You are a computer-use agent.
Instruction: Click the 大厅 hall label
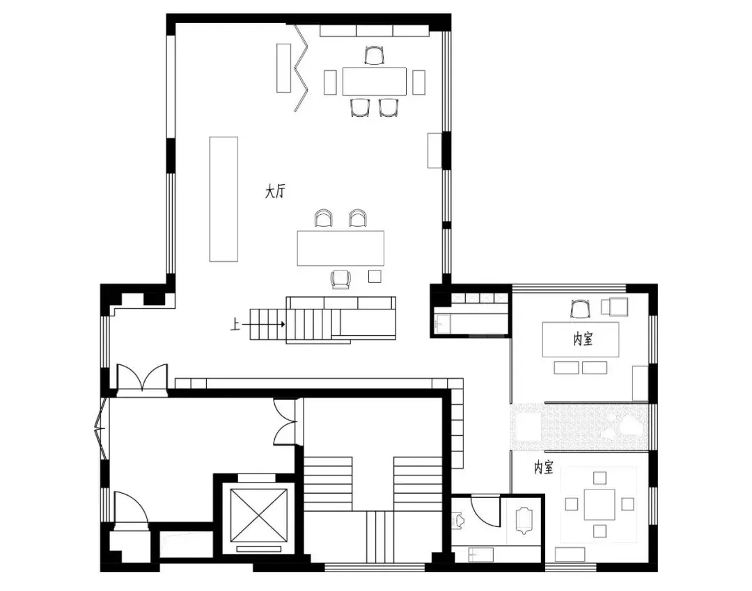pyautogui.click(x=275, y=192)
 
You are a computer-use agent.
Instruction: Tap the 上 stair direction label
pyautogui.click(x=235, y=325)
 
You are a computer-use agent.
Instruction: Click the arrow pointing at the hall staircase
pyautogui.click(x=263, y=324)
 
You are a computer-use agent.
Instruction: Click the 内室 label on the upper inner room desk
pyautogui.click(x=583, y=339)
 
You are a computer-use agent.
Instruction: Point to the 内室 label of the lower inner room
pyautogui.click(x=543, y=467)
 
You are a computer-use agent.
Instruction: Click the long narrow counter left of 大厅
pyautogui.click(x=224, y=200)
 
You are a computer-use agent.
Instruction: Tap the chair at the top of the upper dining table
pyautogui.click(x=374, y=55)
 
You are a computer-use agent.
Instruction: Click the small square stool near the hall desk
pyautogui.click(x=375, y=276)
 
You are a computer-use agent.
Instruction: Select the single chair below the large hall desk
pyautogui.click(x=340, y=280)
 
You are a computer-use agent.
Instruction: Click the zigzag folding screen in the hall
pyautogui.click(x=301, y=67)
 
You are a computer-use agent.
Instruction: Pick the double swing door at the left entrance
pyautogui.click(x=143, y=379)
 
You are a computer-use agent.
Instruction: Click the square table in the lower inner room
pyautogui.click(x=600, y=504)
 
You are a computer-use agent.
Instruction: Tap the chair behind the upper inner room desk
pyautogui.click(x=580, y=309)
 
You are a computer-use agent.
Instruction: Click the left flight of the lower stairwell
pyautogui.click(x=328, y=484)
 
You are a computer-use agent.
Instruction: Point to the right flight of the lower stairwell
pyautogui.click(x=418, y=484)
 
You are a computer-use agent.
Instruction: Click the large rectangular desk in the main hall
pyautogui.click(x=340, y=248)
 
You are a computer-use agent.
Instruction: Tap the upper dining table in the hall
pyautogui.click(x=375, y=81)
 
